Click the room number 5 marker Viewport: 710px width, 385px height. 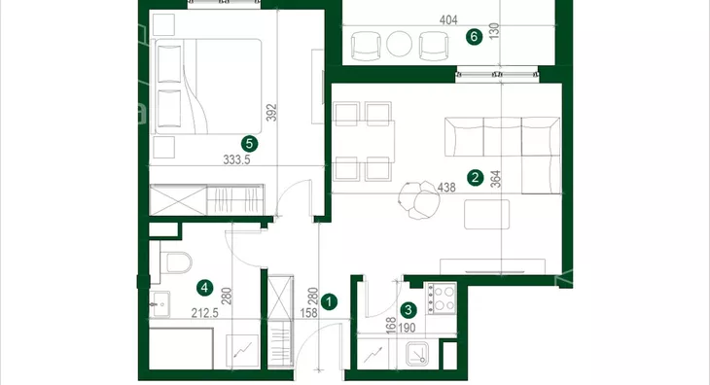click(249, 144)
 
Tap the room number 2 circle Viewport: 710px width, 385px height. click(475, 177)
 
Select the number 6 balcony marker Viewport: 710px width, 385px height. click(474, 36)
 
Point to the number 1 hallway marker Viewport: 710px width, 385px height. click(329, 301)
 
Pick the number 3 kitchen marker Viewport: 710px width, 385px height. click(408, 310)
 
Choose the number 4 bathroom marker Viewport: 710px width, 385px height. click(204, 287)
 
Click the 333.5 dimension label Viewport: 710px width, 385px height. click(236, 159)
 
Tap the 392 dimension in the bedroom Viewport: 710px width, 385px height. click(271, 113)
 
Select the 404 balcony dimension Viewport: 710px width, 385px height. click(448, 19)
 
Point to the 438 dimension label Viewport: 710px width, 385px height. click(446, 187)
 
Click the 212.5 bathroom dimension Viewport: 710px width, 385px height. click(204, 313)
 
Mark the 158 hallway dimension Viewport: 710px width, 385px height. click(309, 313)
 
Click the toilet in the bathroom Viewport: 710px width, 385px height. click(177, 262)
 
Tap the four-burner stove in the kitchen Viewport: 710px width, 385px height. click(441, 298)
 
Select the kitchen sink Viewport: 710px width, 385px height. click(417, 354)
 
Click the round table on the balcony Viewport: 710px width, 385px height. click(400, 44)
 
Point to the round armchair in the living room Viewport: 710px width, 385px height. click(419, 199)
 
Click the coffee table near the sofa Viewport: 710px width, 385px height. click(486, 214)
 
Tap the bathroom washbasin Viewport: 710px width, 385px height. click(160, 303)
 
